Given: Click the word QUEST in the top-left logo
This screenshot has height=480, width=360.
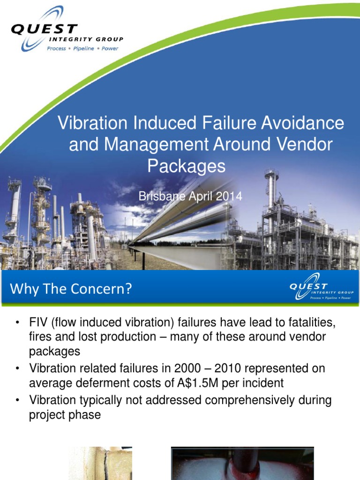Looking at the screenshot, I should pos(44,29).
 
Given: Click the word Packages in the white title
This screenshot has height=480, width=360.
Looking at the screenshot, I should pos(187,166).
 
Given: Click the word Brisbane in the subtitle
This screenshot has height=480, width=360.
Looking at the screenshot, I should pos(158,196).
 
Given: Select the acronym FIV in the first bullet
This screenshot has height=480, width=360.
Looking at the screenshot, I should pos(38,324).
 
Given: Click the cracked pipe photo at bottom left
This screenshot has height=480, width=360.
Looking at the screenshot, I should pos(100,463).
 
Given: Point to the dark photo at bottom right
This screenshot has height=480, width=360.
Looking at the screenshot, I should pos(242,463).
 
